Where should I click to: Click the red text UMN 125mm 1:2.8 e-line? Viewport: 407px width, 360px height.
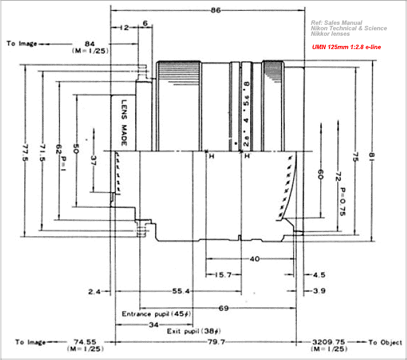point(346,47)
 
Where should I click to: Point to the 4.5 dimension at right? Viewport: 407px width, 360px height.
point(318,275)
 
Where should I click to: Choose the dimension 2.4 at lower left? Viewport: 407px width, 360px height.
point(94,292)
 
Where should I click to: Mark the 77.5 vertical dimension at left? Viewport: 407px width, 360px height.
point(25,149)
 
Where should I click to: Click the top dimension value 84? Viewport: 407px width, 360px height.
point(90,43)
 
